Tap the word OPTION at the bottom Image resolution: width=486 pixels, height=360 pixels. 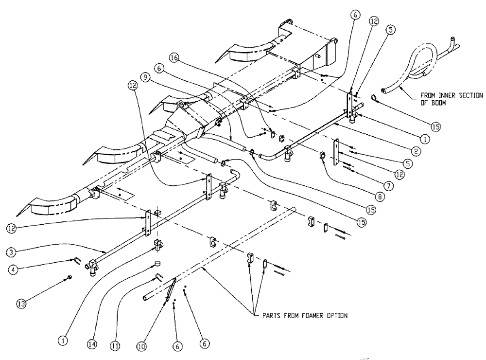click(335, 316)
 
